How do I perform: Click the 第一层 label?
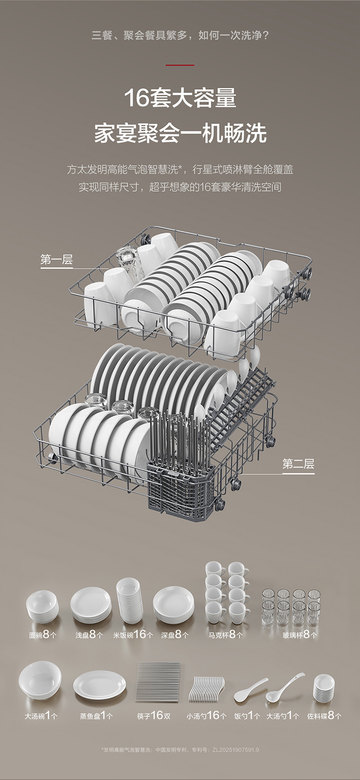(57, 259)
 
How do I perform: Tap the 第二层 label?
(298, 464)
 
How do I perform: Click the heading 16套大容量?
(180, 98)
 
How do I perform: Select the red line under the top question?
(180, 65)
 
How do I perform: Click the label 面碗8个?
(42, 635)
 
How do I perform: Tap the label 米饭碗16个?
(133, 635)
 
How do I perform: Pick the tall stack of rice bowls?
(129, 600)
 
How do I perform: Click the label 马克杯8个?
(226, 635)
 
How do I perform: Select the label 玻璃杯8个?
(300, 635)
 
